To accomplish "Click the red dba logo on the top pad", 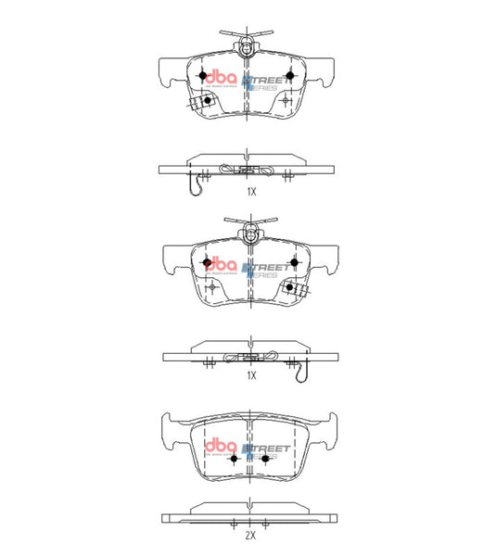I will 220,76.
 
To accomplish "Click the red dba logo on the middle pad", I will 220,263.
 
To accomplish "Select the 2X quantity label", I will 249,536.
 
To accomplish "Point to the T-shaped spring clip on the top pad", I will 247,39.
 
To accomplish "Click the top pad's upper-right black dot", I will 289,75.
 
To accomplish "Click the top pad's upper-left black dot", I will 205,75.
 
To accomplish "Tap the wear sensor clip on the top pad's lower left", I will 197,103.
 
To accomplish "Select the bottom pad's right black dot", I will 265,458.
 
